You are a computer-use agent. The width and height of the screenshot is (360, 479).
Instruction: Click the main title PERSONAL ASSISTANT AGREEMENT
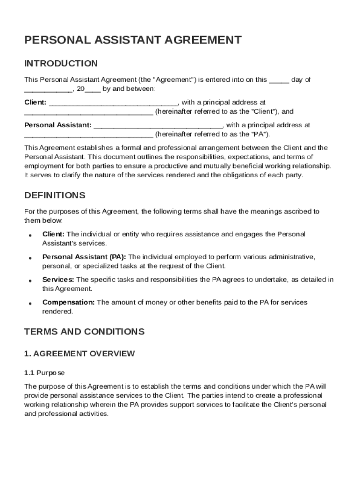tap(133, 40)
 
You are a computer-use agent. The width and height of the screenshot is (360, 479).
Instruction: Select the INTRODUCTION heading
tap(61, 64)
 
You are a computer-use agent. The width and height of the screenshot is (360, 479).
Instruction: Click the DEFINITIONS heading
tap(55, 195)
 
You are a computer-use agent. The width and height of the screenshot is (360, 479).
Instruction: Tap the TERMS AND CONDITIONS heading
tap(84, 332)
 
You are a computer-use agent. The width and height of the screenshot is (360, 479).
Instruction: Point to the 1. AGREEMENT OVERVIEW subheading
tap(79, 354)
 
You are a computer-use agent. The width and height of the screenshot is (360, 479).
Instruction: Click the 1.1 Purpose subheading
tap(44, 373)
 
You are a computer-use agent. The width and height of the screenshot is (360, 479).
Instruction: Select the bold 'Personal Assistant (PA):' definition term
tap(84, 257)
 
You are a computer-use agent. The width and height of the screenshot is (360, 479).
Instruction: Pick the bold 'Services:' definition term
tap(58, 280)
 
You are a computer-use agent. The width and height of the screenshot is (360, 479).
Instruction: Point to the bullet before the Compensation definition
tap(30, 303)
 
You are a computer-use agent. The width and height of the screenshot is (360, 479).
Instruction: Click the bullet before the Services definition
tap(30, 281)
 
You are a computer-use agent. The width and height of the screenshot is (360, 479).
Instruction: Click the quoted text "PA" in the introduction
tap(260, 134)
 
